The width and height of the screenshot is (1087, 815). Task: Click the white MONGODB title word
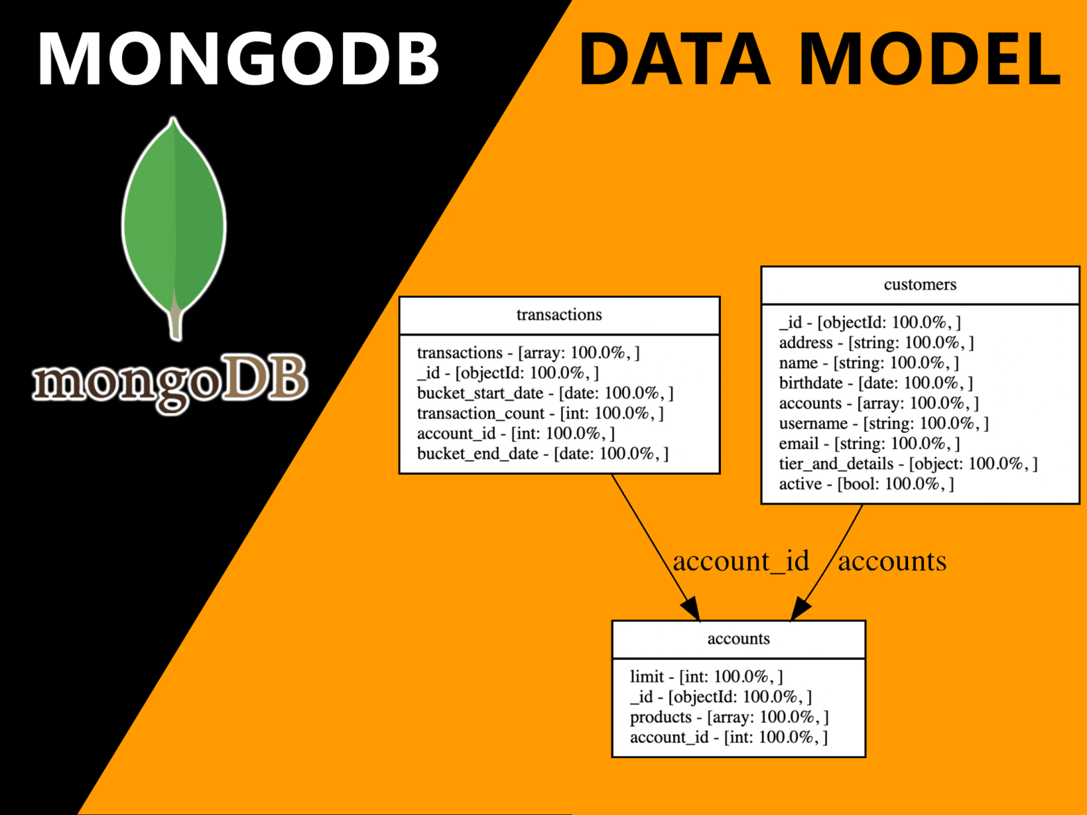coord(238,60)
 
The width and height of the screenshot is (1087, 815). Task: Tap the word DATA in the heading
coord(673,60)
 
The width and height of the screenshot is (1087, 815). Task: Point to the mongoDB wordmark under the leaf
coord(170,381)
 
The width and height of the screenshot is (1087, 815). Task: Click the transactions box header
coord(559,315)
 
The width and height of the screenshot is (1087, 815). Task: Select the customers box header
coord(920,285)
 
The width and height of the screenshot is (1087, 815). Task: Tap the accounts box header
coord(738,639)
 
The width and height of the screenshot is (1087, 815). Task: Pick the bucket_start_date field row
coord(545,394)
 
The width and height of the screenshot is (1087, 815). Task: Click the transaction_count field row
coord(540,414)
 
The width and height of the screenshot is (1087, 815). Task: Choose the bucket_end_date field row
coord(543,454)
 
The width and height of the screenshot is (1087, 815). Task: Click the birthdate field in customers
coord(876,383)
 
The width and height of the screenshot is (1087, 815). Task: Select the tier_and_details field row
coord(908,464)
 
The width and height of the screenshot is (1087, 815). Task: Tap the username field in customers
coord(884,423)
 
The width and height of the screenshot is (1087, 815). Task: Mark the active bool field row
coord(866,484)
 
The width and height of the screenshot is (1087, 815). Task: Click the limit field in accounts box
coord(706,676)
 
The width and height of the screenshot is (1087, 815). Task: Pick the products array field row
coord(729,717)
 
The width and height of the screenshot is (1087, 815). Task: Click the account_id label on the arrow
coord(741,561)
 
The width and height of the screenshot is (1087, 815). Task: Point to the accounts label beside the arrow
coord(892,561)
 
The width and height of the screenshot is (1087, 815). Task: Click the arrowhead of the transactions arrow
coord(690,609)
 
